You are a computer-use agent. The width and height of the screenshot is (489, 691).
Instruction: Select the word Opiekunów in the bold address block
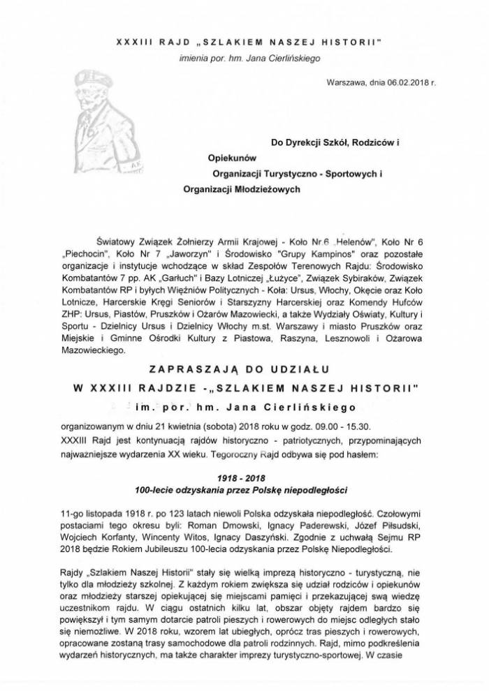pos(219,157)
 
